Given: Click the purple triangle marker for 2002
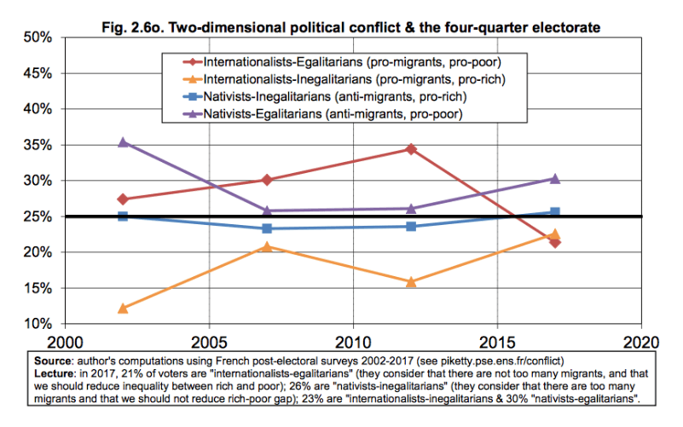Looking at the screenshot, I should [x=123, y=142].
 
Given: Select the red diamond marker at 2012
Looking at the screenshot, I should [x=411, y=149].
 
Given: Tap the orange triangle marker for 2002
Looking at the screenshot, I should [x=123, y=308].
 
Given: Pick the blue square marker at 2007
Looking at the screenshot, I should [x=267, y=228].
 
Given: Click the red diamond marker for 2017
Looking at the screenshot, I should [x=555, y=242].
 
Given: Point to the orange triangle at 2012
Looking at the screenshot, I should [x=411, y=281].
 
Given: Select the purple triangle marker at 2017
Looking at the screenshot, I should [x=555, y=178].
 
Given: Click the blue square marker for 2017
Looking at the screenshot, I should [x=555, y=212].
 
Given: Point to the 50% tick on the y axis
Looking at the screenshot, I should [x=40, y=38].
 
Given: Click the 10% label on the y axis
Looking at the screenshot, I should [x=40, y=324].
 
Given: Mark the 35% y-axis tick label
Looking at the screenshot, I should [x=40, y=145].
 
